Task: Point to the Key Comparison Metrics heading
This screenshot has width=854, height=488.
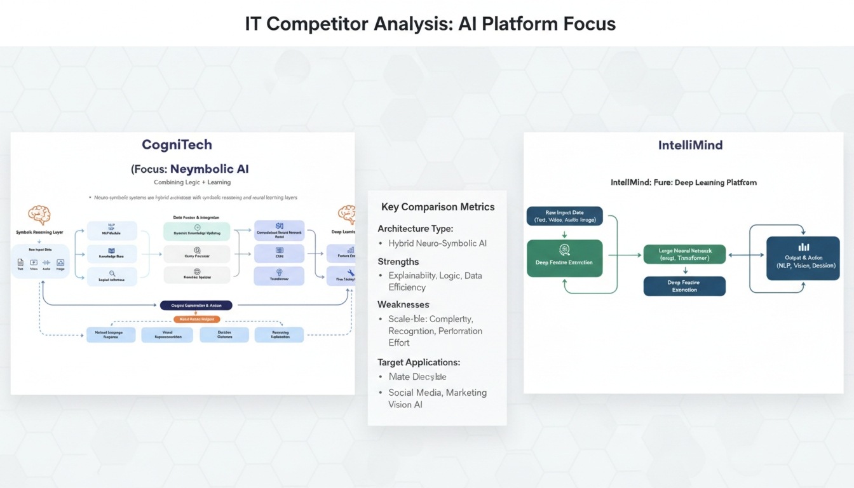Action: click(x=438, y=207)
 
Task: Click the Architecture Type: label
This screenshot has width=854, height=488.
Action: click(x=416, y=228)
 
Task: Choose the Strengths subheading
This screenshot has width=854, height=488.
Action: click(x=398, y=261)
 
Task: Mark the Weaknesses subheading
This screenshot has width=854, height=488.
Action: click(x=403, y=304)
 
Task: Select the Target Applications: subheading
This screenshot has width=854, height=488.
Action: click(x=419, y=362)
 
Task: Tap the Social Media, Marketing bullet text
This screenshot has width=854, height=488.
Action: click(x=437, y=393)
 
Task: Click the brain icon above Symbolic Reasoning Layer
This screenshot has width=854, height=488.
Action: click(x=39, y=215)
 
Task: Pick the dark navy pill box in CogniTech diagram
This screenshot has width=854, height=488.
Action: click(x=196, y=305)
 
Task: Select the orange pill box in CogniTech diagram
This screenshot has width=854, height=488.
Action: click(x=196, y=319)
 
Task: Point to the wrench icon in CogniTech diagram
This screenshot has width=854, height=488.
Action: click(x=351, y=273)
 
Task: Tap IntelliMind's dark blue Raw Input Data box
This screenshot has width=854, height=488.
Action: click(x=564, y=216)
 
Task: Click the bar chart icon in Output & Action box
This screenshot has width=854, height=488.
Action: click(x=803, y=247)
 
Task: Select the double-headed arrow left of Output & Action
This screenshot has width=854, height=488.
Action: click(x=746, y=255)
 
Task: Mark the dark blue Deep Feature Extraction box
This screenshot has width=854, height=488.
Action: click(x=684, y=286)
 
